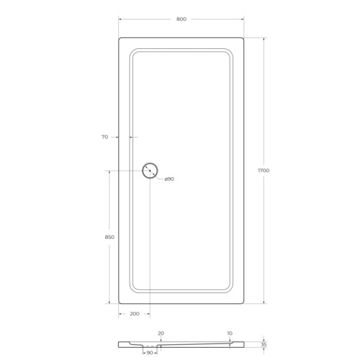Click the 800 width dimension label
coord(181,19)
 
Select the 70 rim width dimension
coord(105,136)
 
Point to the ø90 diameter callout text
coord(169,179)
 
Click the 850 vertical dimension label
coord(110,236)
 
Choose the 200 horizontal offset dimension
coord(135,314)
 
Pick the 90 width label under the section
coord(150,354)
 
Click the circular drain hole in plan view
coord(150,171)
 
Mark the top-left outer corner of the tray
coord(118,38)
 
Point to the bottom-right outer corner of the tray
coord(245,302)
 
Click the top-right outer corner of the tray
coord(245,38)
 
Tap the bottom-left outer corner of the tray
coord(118,302)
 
